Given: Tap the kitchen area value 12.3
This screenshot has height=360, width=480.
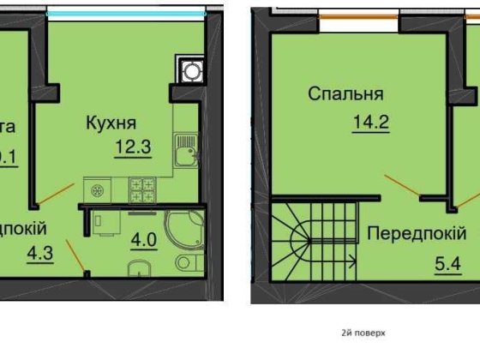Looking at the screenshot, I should (133, 147).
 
